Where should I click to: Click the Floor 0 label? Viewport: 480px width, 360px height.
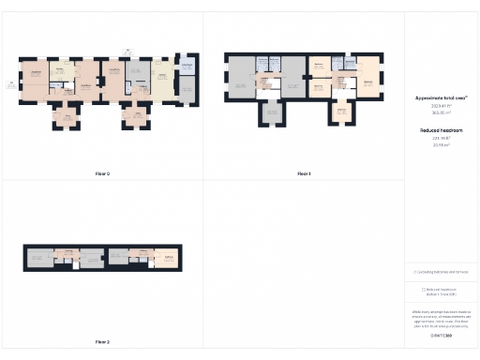point(102,173)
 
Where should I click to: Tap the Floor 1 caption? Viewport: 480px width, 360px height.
point(304,173)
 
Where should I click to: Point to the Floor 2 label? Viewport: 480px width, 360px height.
point(102,342)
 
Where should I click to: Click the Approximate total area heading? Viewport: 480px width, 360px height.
point(442,97)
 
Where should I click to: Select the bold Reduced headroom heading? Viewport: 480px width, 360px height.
point(442,130)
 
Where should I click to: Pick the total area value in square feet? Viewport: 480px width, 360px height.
point(442,105)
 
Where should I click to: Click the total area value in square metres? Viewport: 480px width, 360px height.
point(442,112)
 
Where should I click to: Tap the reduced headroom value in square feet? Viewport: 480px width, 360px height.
point(442,139)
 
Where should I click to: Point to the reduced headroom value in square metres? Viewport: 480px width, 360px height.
point(442,145)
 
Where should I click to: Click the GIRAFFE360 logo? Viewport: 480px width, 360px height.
point(442,335)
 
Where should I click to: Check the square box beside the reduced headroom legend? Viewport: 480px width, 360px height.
point(423,290)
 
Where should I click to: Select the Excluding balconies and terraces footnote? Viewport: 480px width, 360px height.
point(442,272)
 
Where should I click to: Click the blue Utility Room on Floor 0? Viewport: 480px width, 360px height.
point(186,68)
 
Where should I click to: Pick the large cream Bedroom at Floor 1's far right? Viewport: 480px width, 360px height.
point(367,82)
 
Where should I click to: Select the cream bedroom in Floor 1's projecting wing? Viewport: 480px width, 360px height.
point(342,112)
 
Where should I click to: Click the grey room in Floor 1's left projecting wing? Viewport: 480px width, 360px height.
point(272,112)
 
